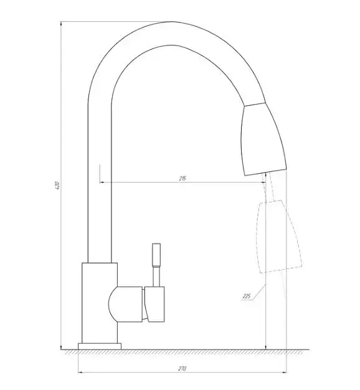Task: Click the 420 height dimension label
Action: coord(57,186)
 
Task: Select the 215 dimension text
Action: coord(182,178)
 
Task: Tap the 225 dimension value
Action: coord(247,296)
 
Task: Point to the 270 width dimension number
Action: coord(182,369)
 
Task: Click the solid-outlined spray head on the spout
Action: coord(264,140)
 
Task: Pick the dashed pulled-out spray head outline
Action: coord(279,237)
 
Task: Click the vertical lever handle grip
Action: coord(156,255)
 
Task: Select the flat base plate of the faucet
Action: coord(100,346)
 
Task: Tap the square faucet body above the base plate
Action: coord(100,303)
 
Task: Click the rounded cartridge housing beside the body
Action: coord(126,304)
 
